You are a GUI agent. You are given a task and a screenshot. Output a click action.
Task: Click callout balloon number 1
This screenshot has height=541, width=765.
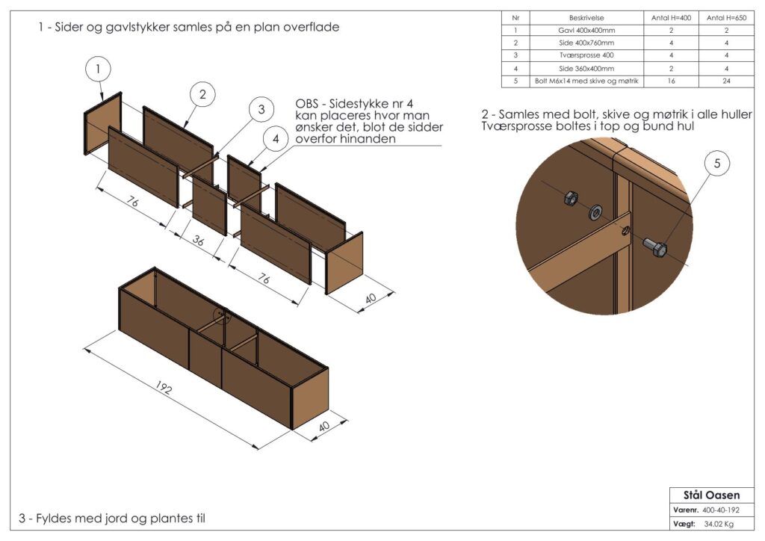point(99,69)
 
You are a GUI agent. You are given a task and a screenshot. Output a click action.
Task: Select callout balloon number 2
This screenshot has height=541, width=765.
point(202,94)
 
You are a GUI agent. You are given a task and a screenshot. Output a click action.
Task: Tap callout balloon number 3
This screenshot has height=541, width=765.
point(261,110)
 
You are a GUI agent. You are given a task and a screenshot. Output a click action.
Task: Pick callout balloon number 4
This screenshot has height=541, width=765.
point(276,140)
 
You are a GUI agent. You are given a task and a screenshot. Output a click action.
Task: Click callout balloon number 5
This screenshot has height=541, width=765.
point(716,165)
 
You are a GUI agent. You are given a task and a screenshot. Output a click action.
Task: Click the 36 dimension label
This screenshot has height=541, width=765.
point(198,241)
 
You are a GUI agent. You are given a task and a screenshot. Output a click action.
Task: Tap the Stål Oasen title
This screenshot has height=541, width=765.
point(711,495)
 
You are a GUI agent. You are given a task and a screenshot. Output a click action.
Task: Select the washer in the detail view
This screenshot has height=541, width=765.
point(596,211)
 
